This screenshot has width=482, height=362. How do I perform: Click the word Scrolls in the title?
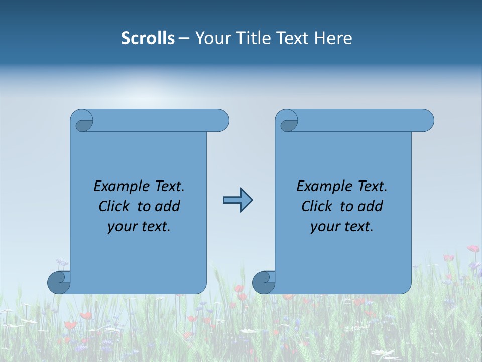pyautogui.click(x=148, y=38)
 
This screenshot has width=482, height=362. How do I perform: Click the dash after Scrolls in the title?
pyautogui.click(x=184, y=38)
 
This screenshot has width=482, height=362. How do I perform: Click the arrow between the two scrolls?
pyautogui.click(x=237, y=200)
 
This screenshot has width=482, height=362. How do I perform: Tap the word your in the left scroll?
pyautogui.click(x=120, y=227)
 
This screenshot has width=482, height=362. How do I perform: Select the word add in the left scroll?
pyautogui.click(x=168, y=206)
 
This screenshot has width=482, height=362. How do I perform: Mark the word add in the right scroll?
pyautogui.click(x=371, y=206)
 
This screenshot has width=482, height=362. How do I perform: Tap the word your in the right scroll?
pyautogui.click(x=323, y=227)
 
